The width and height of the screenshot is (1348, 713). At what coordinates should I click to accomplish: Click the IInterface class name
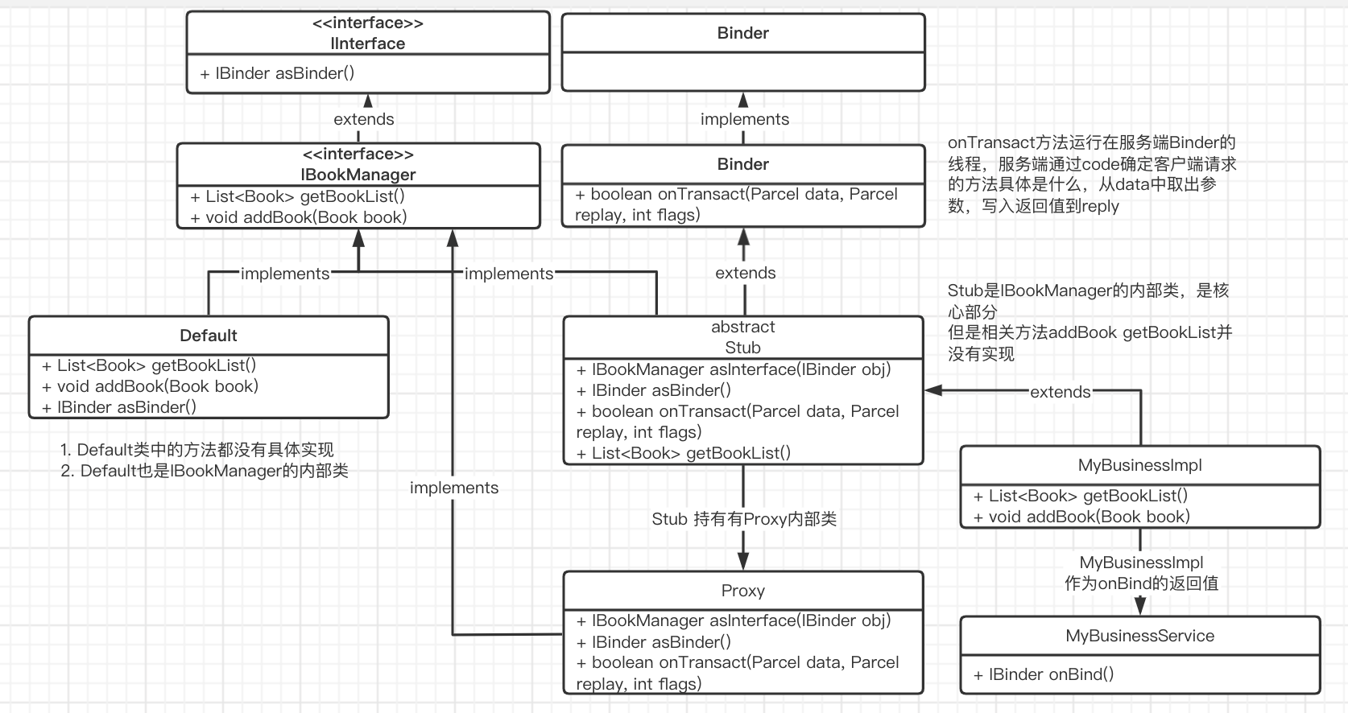[368, 43]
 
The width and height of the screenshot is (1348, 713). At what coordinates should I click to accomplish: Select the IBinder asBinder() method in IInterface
[277, 73]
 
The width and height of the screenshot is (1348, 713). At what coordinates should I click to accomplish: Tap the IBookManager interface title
[358, 175]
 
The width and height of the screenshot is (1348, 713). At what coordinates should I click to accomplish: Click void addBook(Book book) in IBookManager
[299, 217]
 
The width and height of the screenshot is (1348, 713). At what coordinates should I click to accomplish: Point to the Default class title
[209, 336]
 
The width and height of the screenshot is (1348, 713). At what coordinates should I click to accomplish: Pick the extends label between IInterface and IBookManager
[364, 119]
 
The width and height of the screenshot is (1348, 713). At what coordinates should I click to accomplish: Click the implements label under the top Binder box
[745, 119]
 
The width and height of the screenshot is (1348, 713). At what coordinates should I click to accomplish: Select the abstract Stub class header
[742, 337]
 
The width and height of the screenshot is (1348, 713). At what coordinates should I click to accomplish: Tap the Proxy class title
[742, 591]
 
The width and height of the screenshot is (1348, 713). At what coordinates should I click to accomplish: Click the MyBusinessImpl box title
[1139, 465]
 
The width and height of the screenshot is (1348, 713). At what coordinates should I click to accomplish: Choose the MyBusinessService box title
[1139, 636]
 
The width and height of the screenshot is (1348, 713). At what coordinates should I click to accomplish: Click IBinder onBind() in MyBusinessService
[1044, 674]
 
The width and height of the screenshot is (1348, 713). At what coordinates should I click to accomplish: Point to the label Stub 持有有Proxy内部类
[744, 519]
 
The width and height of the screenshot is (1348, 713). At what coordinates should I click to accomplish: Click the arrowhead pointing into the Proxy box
[743, 562]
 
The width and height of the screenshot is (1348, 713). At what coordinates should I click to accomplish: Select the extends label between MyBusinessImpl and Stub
[1060, 392]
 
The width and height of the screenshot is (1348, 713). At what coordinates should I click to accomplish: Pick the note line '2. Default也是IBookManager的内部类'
[205, 471]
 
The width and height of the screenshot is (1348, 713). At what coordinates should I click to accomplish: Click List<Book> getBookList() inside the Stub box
[683, 453]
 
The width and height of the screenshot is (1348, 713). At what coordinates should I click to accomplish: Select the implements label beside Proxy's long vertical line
[454, 488]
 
